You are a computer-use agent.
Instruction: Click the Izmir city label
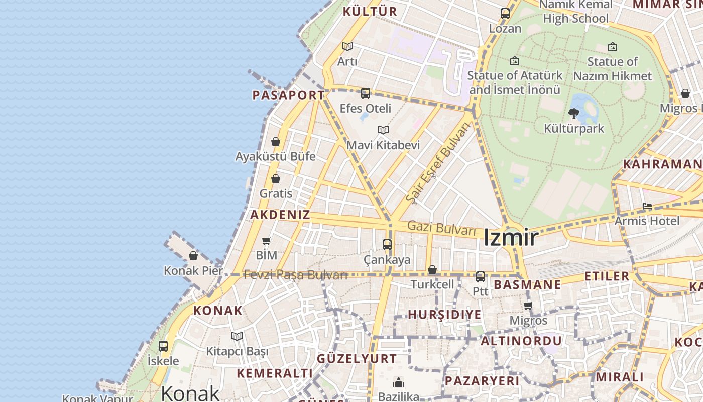point(511,237)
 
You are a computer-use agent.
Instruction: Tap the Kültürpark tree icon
point(573,114)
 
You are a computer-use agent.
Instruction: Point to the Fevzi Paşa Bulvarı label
point(295,275)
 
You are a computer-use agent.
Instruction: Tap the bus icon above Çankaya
point(387,245)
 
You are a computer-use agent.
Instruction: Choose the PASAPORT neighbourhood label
point(288,95)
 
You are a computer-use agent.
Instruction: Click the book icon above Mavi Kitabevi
point(383,130)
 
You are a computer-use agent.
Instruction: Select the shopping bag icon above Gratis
point(275,179)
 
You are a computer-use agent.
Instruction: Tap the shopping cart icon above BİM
point(267,241)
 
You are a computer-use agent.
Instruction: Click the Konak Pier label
point(193,271)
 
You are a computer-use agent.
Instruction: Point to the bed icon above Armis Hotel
point(647,206)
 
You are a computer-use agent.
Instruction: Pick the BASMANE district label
point(527,284)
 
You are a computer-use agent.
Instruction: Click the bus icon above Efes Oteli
point(366,93)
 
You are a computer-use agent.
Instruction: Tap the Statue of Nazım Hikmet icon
point(612,47)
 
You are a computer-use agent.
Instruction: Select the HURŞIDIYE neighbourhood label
point(444,315)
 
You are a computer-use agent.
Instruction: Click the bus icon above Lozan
point(505,14)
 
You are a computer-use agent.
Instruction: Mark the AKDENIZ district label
point(280,215)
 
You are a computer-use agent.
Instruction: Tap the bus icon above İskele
point(163,346)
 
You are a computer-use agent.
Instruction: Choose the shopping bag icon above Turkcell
point(432,270)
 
